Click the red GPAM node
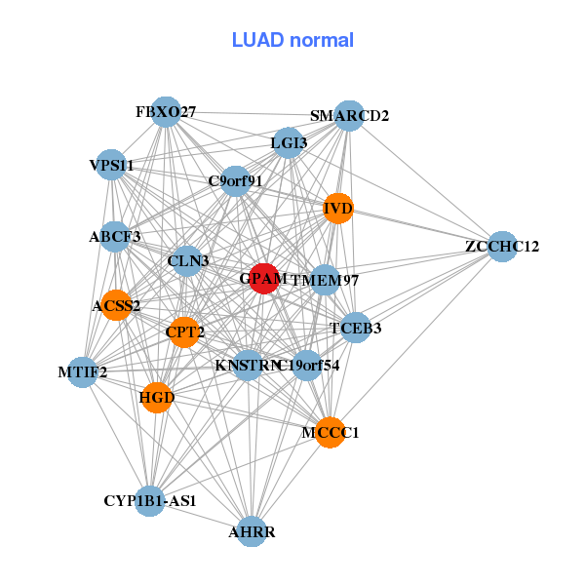264,278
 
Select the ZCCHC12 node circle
501,246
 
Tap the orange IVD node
337,208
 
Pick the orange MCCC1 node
331,432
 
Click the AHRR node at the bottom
252,531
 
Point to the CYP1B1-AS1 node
149,500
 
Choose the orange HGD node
157,397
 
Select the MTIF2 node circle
83,371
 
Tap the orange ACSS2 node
116,305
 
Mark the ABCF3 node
115,236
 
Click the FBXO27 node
167,112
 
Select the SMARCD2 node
349,116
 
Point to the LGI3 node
289,143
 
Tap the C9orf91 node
235,180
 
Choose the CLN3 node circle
187,260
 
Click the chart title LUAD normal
292,40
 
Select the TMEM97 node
325,281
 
